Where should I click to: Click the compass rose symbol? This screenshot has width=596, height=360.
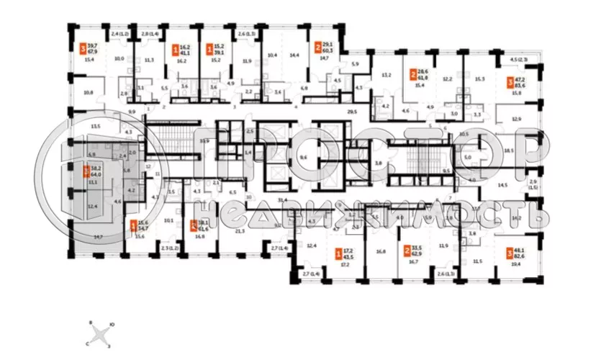click(105, 333)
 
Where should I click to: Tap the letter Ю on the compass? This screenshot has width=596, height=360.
click(114, 325)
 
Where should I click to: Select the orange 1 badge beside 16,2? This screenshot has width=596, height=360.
click(175, 50)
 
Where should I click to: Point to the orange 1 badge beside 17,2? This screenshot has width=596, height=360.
click(338, 253)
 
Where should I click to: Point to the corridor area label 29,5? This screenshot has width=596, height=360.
click(352, 112)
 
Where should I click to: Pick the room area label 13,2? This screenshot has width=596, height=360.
click(385, 75)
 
